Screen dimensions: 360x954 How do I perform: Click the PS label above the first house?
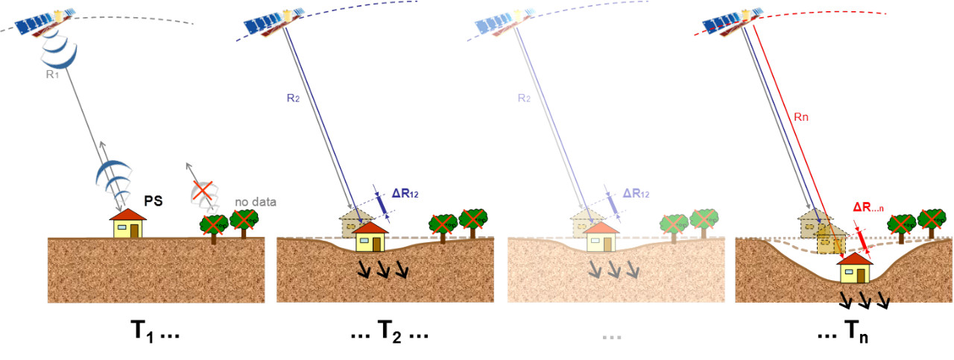coord(154,201)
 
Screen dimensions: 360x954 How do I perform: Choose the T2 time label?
coord(389,332)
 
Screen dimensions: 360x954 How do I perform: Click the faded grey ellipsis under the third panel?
coord(611,335)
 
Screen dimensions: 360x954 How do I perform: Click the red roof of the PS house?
coord(127,215)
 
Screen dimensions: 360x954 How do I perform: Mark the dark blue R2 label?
coord(293,97)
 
